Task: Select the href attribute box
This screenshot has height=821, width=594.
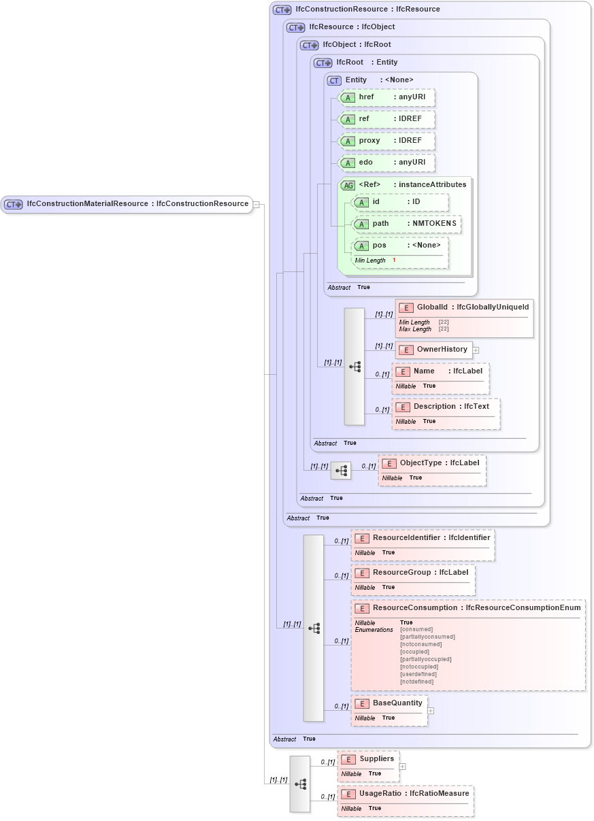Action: (386, 97)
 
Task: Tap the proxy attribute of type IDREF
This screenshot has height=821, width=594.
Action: (386, 141)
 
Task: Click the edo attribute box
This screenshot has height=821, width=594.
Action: (386, 163)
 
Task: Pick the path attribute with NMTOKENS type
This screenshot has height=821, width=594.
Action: (406, 224)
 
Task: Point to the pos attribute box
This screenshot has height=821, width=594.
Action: (399, 246)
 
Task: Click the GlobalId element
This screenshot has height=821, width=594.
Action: (463, 308)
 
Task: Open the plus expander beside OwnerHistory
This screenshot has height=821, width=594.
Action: (476, 350)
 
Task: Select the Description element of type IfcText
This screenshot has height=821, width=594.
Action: (445, 407)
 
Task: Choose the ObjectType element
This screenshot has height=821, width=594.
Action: (431, 463)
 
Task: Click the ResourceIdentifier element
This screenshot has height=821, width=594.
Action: (422, 538)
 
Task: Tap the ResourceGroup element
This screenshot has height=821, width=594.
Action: (412, 573)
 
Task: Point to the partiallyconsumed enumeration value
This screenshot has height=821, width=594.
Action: (427, 637)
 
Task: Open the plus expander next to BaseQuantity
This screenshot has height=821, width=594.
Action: (431, 711)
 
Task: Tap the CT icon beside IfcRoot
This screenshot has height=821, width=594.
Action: (323, 63)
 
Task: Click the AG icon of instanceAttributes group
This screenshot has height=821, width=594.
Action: (348, 185)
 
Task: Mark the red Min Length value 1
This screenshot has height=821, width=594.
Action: (394, 261)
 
